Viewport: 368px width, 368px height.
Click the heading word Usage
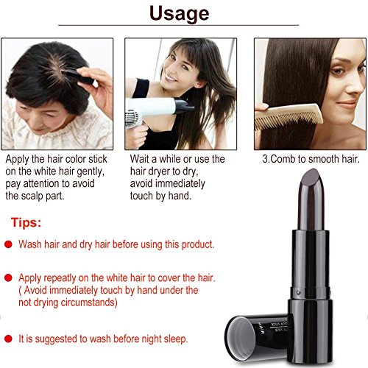pyautogui.click(x=183, y=13)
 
